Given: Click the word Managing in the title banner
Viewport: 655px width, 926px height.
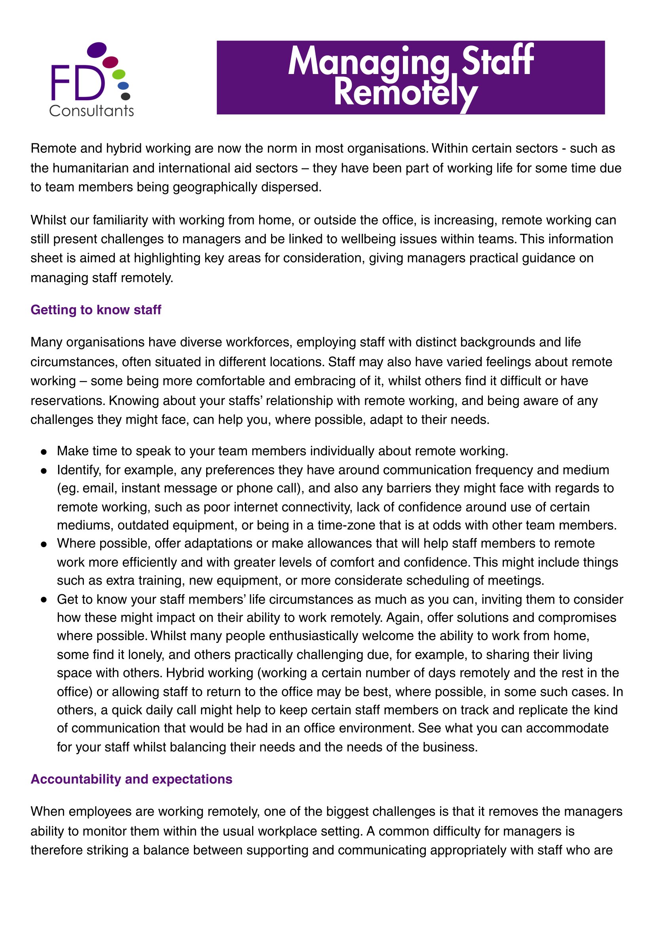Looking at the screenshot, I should point(368,61).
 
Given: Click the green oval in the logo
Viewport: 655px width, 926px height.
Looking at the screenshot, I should point(119,74).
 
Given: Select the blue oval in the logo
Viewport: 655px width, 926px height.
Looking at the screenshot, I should point(123,86).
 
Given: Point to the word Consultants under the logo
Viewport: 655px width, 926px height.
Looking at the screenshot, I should point(91,110).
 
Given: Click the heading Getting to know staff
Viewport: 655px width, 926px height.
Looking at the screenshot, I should point(96,310).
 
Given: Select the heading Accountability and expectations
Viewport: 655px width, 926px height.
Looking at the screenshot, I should point(131,779).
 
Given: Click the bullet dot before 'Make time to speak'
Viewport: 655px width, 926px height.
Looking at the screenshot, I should point(44,451).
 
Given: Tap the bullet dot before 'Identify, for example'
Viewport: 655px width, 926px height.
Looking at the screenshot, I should point(44,470).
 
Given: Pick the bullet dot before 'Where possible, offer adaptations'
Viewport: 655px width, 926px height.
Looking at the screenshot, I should point(44,544).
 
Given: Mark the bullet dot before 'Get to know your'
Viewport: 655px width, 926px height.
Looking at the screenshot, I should point(44,599).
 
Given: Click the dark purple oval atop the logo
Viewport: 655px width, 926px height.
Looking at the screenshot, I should point(97,49).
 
